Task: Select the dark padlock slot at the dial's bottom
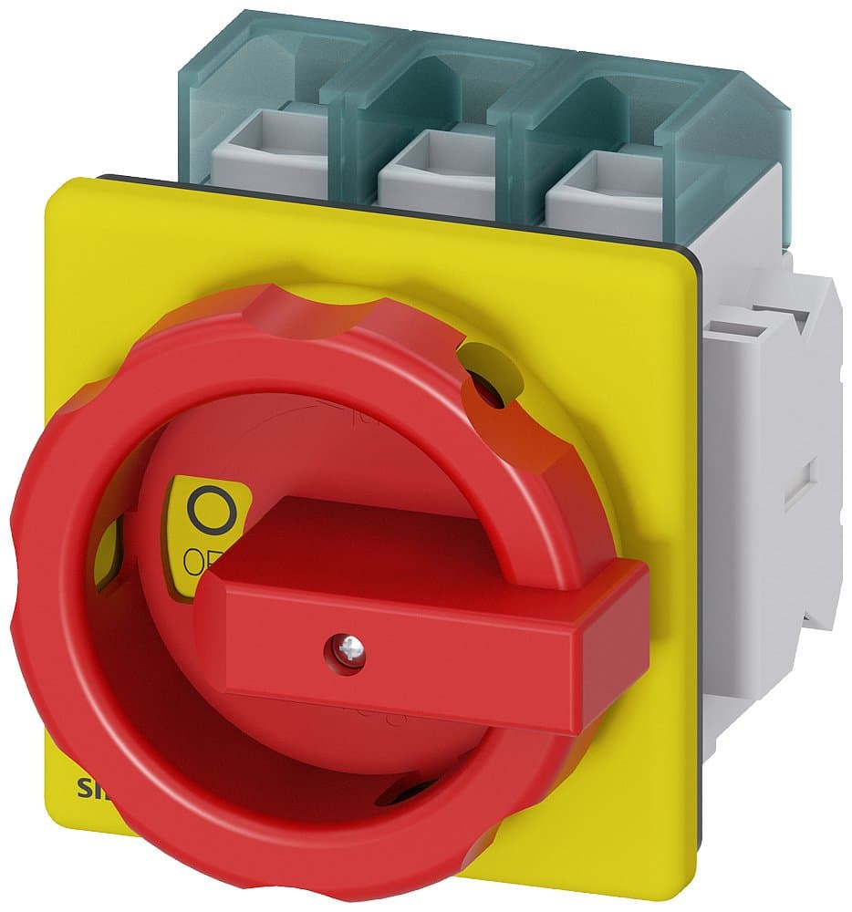tap(406, 793)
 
